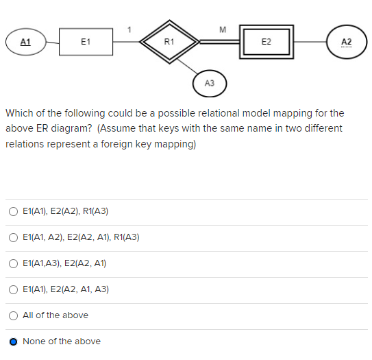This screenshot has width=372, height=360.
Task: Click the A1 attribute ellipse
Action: point(25,42)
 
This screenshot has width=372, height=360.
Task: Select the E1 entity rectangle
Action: point(86,42)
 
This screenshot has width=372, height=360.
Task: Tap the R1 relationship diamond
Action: point(169,42)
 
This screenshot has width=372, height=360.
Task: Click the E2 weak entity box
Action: point(266,42)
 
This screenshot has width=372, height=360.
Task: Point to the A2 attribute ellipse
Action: point(346,42)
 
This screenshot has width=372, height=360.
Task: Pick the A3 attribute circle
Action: point(210,83)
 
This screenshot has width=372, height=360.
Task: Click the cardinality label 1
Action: point(129,29)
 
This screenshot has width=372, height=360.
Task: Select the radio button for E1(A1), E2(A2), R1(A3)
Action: point(14,211)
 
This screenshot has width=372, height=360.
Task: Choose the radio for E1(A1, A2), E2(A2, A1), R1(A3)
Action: point(14,237)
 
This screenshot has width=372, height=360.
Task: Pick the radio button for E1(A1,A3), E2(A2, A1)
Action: point(14,263)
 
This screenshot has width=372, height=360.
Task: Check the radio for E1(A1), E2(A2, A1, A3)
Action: point(14,289)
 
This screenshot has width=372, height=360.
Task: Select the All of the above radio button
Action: point(14,315)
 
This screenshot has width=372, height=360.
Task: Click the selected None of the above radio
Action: point(14,341)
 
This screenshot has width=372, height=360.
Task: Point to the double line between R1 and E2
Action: point(219,42)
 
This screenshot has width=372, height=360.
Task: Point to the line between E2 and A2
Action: point(312,42)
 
